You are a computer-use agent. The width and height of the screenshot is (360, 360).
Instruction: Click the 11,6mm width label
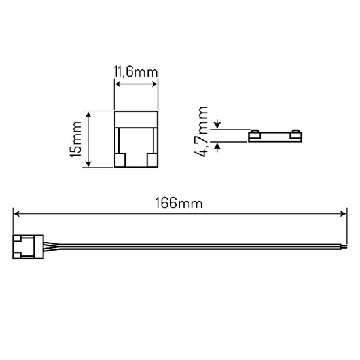(135, 73)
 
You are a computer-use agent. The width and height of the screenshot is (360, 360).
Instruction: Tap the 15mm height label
(76, 139)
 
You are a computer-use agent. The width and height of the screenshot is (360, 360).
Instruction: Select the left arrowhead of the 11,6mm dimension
(118, 84)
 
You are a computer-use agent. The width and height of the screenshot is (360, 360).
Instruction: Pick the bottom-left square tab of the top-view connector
(122, 160)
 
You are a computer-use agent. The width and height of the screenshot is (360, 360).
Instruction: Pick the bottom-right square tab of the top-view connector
(151, 160)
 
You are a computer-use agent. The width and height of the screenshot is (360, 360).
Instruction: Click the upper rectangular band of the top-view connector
(136, 119)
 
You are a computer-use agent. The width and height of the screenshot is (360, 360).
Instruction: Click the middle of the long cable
(183, 245)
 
